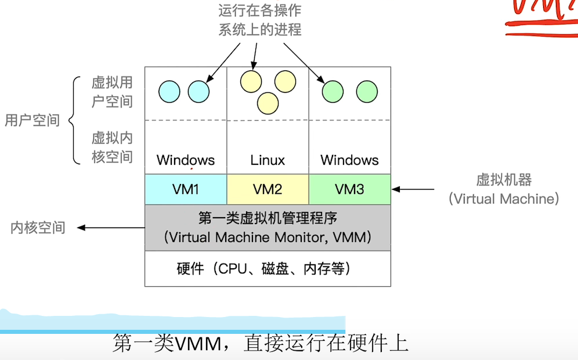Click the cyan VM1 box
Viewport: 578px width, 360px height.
coord(186,189)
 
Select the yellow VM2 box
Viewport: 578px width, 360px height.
coord(268,189)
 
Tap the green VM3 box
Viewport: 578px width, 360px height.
coord(349,189)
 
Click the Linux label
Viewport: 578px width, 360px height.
coord(268,160)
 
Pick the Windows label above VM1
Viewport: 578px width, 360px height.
coord(186,160)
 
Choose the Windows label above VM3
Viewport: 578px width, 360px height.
coord(349,160)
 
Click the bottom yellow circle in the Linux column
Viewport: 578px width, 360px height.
coord(268,103)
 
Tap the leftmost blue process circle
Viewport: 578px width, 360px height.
coord(169,91)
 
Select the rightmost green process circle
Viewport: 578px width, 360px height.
coord(367,91)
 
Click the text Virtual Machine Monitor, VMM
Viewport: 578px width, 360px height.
coord(268,237)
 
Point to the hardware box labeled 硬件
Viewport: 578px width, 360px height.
coord(268,269)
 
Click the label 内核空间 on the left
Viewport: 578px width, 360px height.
coord(38,228)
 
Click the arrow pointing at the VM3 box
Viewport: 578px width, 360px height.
coord(413,189)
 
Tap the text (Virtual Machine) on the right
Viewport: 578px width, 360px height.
coord(503,199)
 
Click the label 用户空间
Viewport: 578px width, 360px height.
coord(32,121)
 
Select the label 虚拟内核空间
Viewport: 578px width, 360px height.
coord(112,147)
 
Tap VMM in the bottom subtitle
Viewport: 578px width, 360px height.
coord(197,344)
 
